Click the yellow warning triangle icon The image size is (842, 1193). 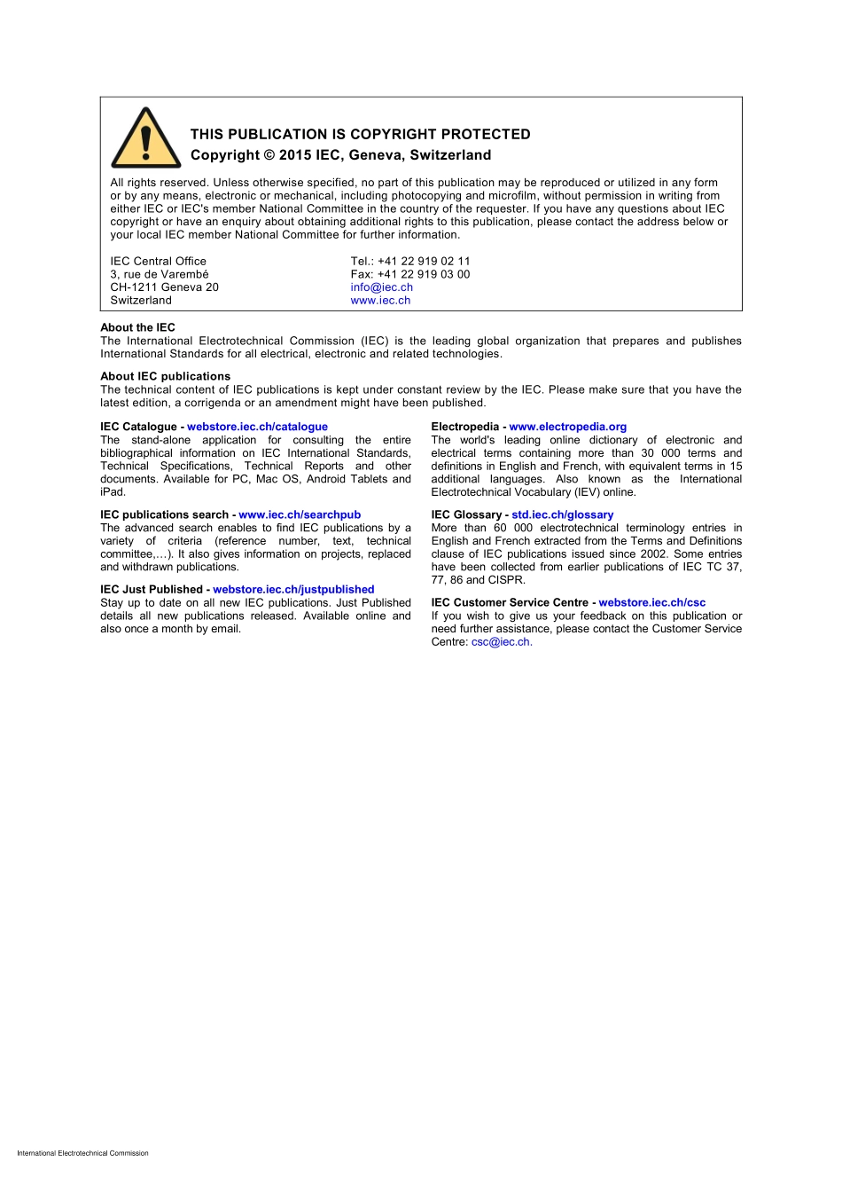point(146,140)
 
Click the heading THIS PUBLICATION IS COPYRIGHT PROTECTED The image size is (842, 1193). point(360,134)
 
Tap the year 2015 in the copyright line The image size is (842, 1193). point(295,155)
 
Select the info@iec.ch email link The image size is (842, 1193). point(381,287)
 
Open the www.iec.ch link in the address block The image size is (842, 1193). point(380,301)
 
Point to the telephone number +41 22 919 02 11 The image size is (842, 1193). point(424,261)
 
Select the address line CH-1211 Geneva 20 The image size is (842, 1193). point(164,287)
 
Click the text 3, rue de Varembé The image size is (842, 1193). point(160,274)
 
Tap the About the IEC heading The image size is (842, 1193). point(137,327)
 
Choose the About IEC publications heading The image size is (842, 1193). point(165,376)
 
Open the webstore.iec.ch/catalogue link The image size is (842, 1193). point(257,427)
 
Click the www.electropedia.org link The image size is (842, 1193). point(567,427)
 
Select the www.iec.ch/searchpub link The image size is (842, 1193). point(300,514)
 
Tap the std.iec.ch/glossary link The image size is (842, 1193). point(562,514)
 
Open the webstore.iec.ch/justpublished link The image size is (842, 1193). point(293,589)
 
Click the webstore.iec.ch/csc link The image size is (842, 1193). point(651,602)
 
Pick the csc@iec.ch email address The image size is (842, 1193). point(501,642)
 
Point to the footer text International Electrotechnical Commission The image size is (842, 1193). point(82,1153)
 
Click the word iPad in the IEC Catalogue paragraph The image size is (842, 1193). point(113,492)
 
